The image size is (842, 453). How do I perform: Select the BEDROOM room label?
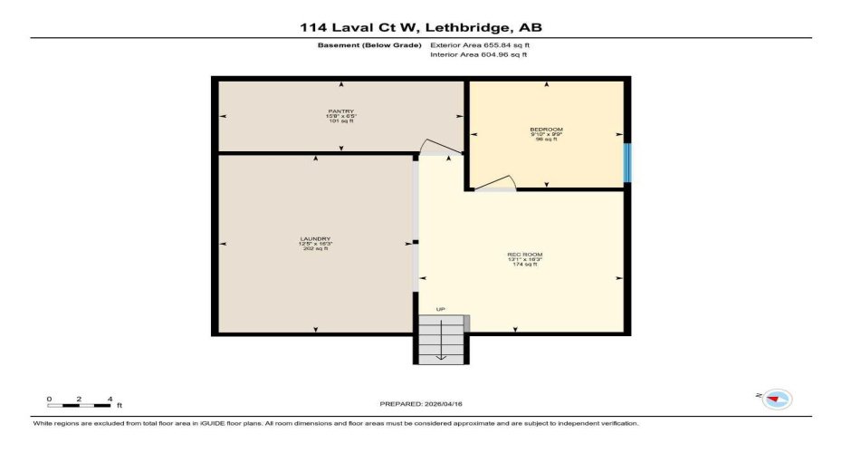pos(546,130)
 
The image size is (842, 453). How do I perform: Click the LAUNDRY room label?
pos(315,238)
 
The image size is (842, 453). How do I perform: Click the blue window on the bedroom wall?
pos(627,162)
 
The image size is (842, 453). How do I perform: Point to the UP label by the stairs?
pos(441,310)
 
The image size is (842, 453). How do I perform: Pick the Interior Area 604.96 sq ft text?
pos(479,55)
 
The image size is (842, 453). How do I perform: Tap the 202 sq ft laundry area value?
pos(315,249)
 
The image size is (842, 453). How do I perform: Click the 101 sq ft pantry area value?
pos(340,121)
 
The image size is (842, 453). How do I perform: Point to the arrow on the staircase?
pos(441,344)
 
